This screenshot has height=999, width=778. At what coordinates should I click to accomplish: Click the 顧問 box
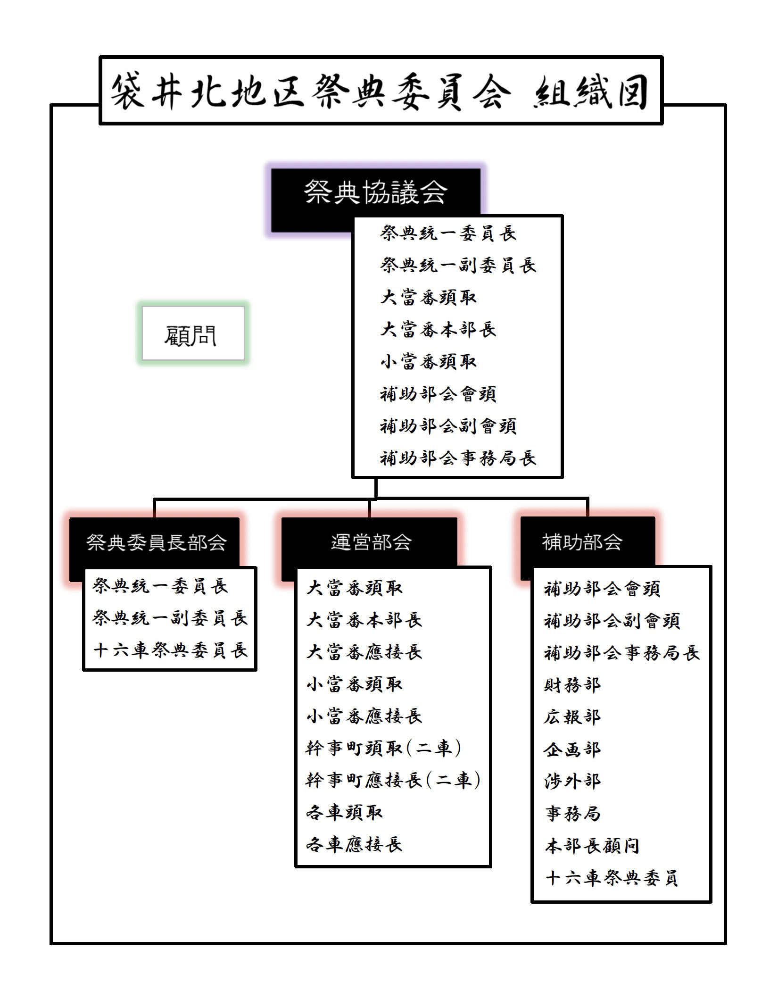coord(193,333)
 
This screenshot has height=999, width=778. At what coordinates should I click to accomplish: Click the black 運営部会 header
coord(370,542)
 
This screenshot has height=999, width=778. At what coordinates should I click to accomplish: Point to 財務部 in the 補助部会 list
coord(572,684)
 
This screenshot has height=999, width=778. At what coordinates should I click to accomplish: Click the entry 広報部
coord(572,716)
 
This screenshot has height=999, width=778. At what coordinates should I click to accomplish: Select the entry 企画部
coord(572,749)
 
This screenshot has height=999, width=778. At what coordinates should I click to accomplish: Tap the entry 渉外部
coord(572,781)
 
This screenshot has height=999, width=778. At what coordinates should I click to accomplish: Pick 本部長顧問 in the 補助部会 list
coord(592,846)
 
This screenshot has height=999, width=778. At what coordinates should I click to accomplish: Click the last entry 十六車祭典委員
coord(612,878)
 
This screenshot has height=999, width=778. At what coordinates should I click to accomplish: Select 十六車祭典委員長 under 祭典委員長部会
coord(170,650)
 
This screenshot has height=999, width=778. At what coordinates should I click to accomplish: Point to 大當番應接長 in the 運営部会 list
coord(364,652)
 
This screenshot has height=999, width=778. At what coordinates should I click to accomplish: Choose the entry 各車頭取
coord(344,812)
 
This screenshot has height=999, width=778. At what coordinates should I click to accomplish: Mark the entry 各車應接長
coord(354,844)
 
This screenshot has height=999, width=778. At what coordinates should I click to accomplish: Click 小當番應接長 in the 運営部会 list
coord(364,716)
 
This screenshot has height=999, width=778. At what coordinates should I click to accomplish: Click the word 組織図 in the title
coord(590,92)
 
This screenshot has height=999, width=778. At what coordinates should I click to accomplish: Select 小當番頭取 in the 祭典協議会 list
coord(429,362)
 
